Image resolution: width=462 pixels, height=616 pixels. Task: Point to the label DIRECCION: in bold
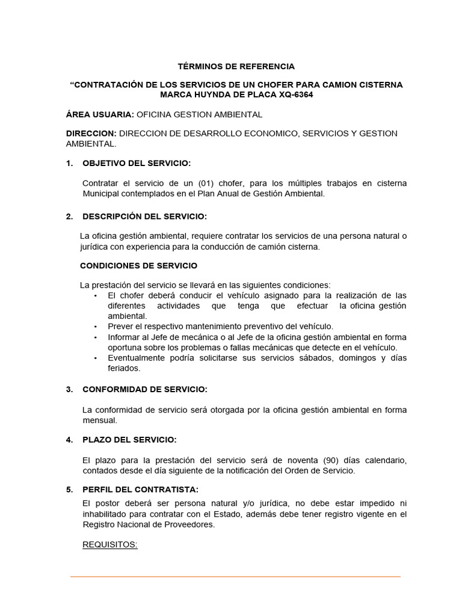click(91, 134)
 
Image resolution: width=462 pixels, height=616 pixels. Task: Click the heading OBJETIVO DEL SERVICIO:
click(137, 163)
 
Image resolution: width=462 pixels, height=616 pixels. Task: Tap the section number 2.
click(70, 216)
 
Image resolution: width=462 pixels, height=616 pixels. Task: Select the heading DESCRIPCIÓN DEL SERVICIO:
click(144, 216)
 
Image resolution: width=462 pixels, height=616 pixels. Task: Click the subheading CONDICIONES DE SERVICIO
click(138, 265)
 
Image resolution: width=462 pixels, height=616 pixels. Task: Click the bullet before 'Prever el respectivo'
click(96, 326)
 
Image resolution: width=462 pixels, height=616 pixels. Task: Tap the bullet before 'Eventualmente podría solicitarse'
click(96, 358)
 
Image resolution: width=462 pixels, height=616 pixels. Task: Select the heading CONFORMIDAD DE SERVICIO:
click(145, 389)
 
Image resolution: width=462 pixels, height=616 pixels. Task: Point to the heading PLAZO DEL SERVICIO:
click(129, 440)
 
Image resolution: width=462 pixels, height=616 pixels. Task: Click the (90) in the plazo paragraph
click(315, 460)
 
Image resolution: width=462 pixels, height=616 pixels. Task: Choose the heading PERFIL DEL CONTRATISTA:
click(140, 489)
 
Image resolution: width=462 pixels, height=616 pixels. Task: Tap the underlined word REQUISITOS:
click(110, 545)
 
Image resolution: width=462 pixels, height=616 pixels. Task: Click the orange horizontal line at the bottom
click(235, 577)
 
